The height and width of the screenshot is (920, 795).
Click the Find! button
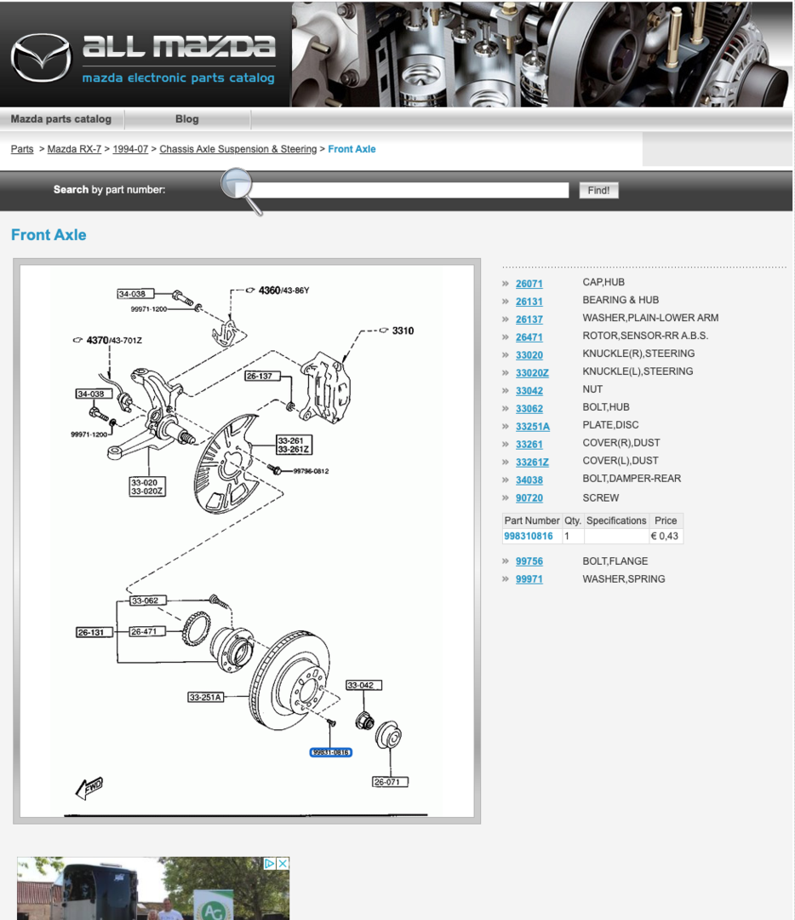pos(598,190)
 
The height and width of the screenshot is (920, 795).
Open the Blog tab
pos(187,119)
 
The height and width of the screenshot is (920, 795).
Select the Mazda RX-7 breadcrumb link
pos(74,149)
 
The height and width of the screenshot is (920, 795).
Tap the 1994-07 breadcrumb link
pos(130,149)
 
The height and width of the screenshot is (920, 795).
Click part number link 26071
pos(529,284)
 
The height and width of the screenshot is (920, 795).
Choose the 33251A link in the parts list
pos(532,427)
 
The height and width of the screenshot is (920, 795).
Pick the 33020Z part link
pos(532,372)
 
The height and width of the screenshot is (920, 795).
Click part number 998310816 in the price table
pos(529,536)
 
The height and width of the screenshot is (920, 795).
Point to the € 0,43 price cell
pos(664,536)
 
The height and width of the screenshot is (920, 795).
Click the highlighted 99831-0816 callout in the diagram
pos(330,752)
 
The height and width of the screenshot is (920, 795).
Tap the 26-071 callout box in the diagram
pos(390,781)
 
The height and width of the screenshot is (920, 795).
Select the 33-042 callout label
pos(363,685)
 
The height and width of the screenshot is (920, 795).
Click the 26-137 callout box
pos(262,376)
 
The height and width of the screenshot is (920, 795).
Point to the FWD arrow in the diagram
pos(89,787)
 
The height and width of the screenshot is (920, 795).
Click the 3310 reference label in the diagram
pos(403,331)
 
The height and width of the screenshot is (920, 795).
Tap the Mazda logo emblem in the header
pos(41,58)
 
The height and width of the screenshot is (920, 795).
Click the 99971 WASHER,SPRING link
pos(529,579)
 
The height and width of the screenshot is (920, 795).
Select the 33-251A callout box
pos(205,697)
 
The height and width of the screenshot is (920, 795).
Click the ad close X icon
pos(283,864)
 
